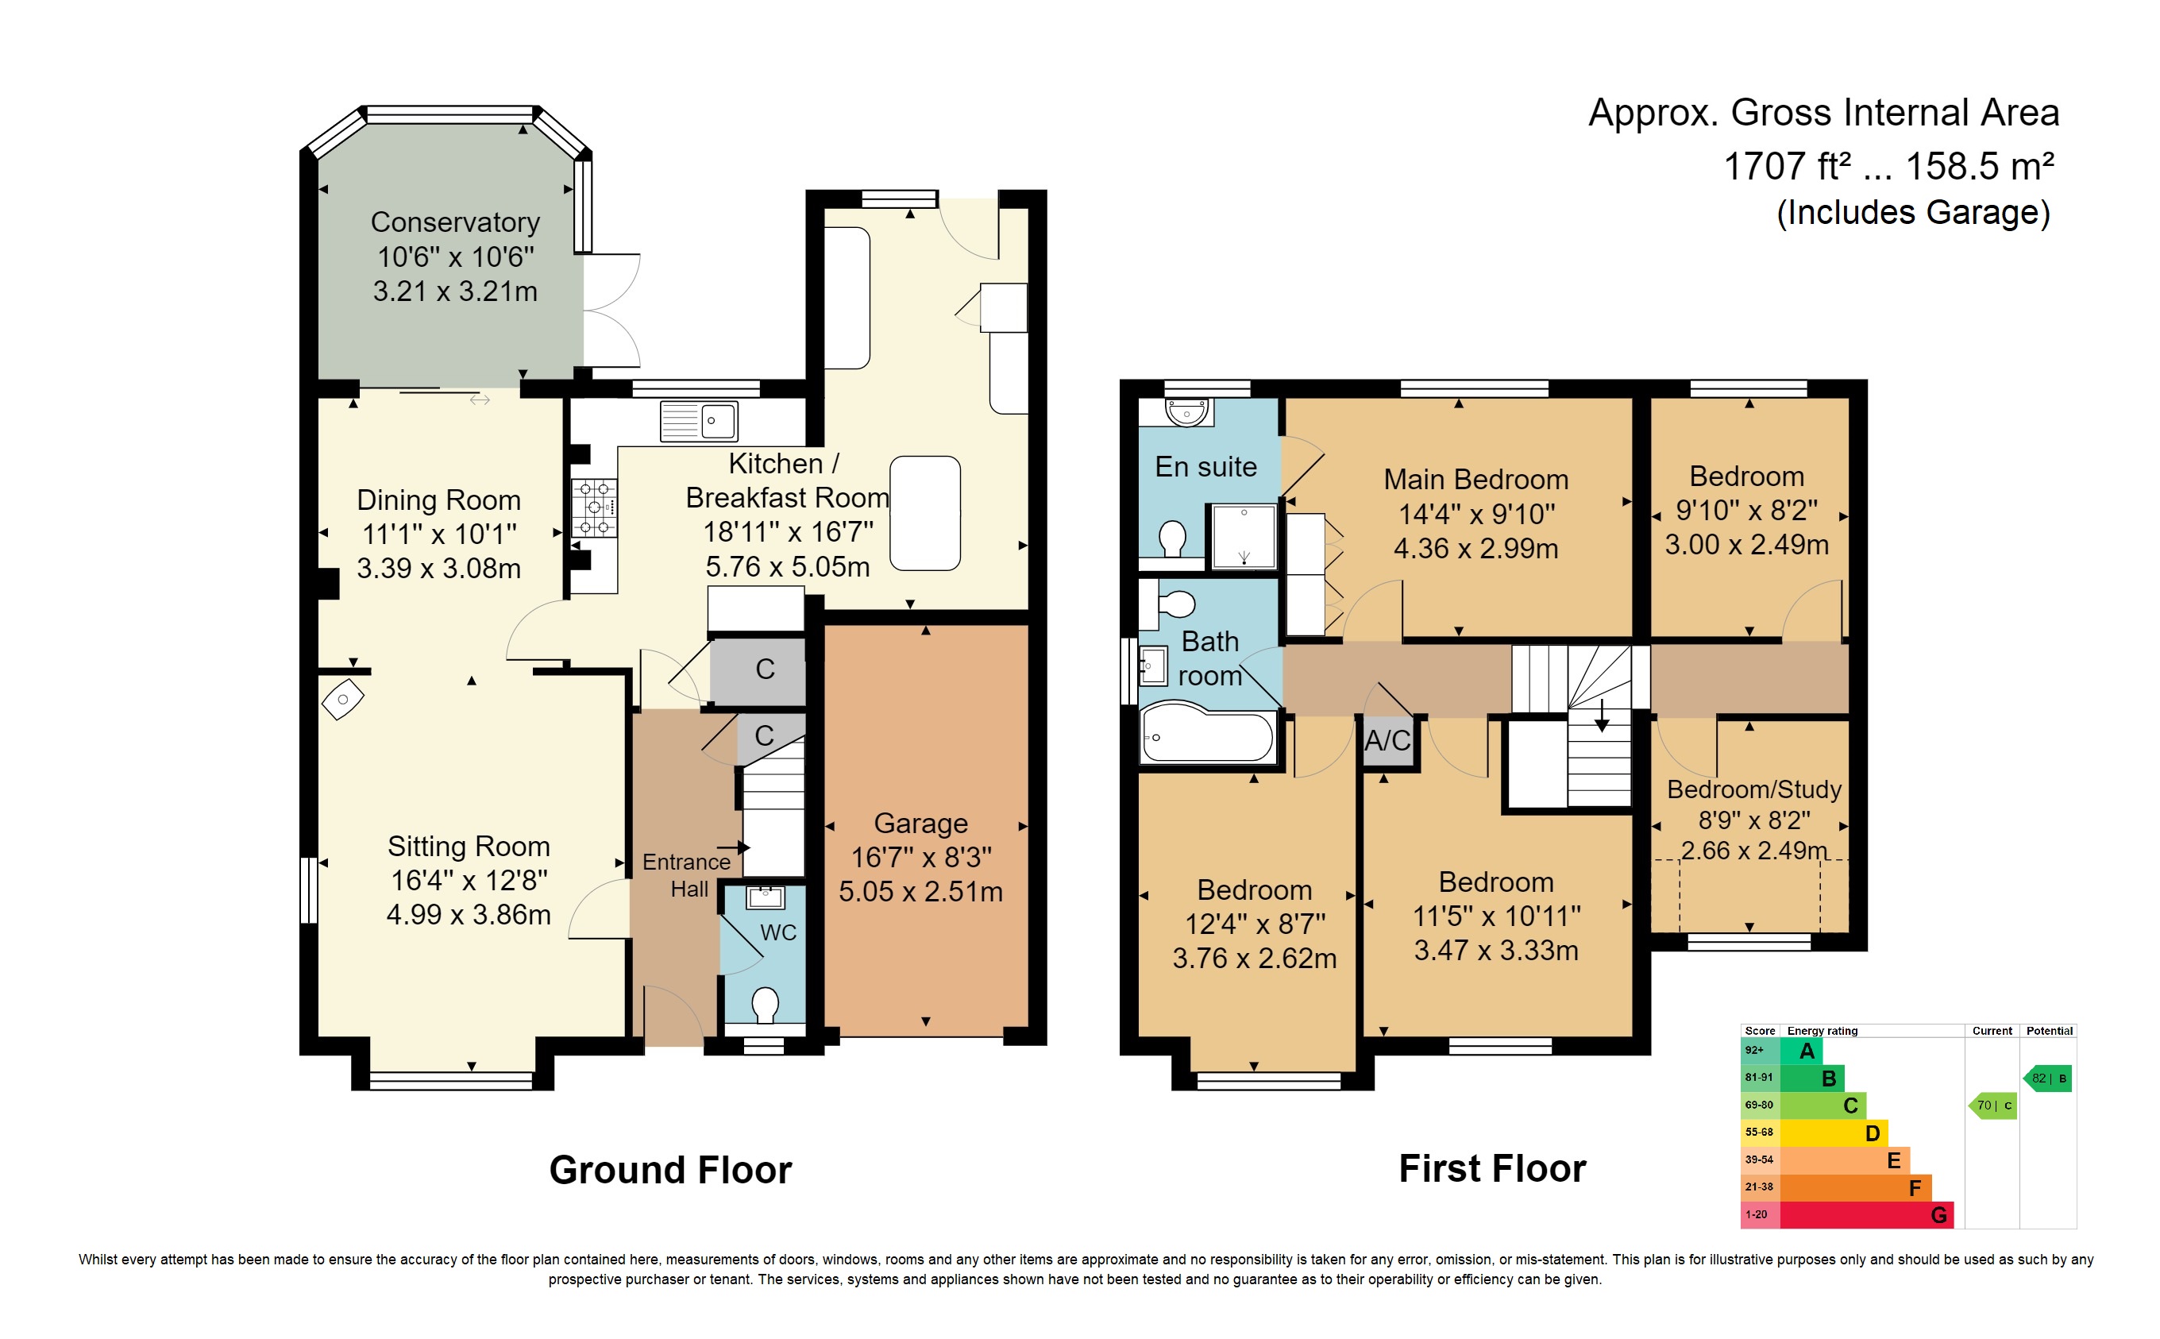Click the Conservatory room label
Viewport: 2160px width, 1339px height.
[x=454, y=222]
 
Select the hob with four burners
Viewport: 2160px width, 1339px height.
[x=594, y=507]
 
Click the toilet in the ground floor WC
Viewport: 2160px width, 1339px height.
[x=764, y=1005]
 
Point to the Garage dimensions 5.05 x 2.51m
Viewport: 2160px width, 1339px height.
[x=920, y=891]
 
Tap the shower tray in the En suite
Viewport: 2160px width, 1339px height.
[x=1243, y=537]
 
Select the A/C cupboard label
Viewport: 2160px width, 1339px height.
[x=1387, y=740]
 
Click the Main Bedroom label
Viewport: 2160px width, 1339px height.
[x=1475, y=479]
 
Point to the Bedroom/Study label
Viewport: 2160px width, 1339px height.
[x=1753, y=789]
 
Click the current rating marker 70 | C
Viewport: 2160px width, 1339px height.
[x=1992, y=1106]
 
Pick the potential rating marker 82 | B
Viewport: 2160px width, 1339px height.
[x=2047, y=1078]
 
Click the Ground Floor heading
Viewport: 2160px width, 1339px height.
[x=670, y=1170]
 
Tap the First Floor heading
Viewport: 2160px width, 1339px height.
[x=1491, y=1169]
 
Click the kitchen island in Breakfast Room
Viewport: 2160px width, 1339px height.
[x=924, y=513]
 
